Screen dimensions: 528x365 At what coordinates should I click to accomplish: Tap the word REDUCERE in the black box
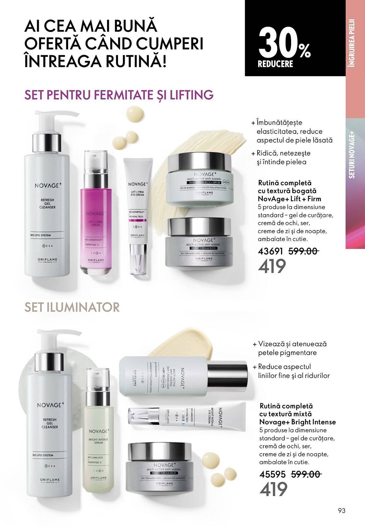(275, 64)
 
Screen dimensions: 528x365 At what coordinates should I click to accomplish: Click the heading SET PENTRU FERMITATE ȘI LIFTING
(119, 95)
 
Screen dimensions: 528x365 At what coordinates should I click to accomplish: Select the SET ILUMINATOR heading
(72, 307)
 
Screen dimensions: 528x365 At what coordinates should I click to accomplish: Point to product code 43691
(270, 251)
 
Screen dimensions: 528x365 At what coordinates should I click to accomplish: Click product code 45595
(273, 474)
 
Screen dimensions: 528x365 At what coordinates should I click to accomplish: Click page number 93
(341, 511)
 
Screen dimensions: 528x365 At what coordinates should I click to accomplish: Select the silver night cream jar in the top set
(199, 243)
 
